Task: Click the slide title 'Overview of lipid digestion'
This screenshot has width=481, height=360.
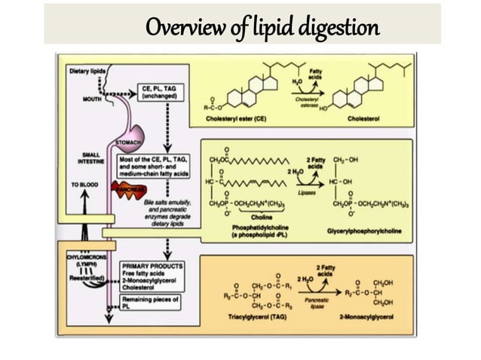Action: coord(262,28)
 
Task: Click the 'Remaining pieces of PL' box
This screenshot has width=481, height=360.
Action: coord(151,302)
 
